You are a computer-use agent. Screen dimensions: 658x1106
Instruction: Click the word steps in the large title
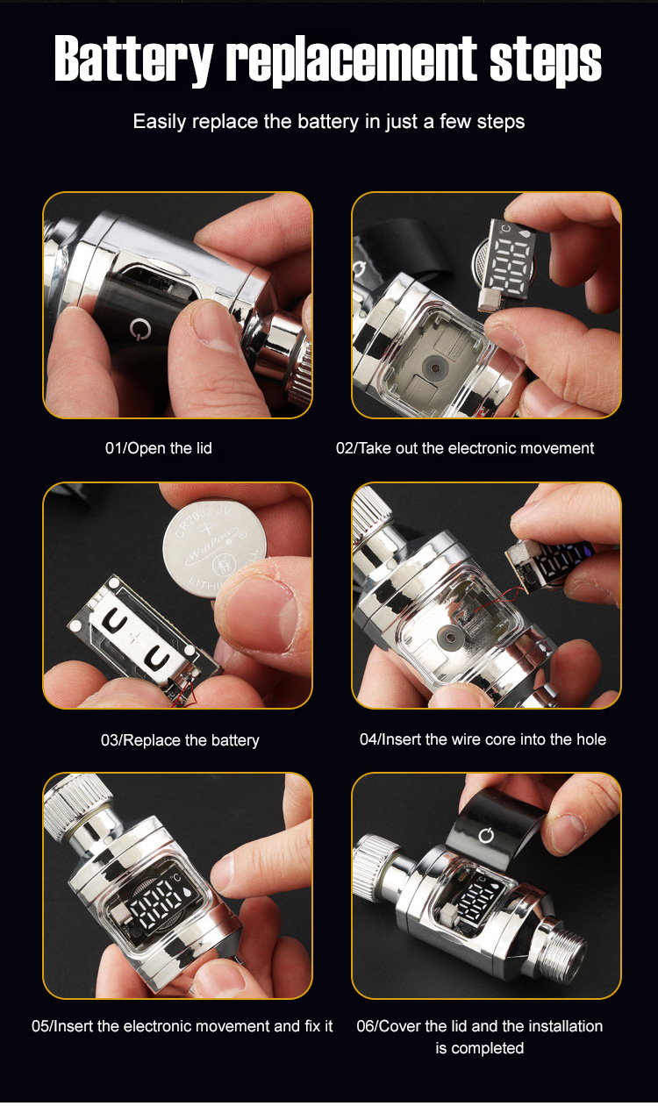pos(546,61)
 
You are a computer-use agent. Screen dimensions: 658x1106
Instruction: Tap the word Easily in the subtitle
pos(160,122)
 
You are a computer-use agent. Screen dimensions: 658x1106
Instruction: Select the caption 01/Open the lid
pos(159,448)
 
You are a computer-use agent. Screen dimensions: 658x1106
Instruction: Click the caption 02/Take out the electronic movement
pos(465,448)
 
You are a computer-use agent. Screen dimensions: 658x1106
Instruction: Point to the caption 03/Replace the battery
pos(180,740)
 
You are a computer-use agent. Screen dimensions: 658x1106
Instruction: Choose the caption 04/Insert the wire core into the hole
pos(483,739)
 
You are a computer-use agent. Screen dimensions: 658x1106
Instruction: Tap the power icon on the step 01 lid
pos(139,329)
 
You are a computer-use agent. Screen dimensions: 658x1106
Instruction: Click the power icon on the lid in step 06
pos(487,835)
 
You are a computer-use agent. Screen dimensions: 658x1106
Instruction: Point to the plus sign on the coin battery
pos(207,529)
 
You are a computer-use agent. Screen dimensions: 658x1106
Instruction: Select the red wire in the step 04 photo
pos(497,599)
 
